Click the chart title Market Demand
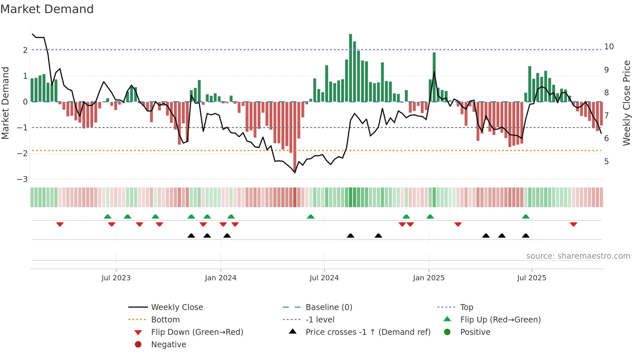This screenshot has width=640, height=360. (x=47, y=9)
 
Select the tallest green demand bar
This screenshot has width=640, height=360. (x=350, y=68)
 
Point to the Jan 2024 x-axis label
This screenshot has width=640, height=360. (x=220, y=278)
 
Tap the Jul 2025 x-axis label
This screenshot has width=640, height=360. (x=532, y=278)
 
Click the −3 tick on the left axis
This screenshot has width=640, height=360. (x=22, y=179)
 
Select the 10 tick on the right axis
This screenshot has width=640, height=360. (x=609, y=47)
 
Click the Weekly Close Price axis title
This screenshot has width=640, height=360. (x=626, y=103)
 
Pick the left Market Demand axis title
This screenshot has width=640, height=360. (x=6, y=103)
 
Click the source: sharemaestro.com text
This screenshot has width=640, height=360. (x=578, y=256)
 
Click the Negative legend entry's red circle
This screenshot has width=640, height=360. (x=138, y=345)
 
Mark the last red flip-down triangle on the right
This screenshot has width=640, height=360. (x=573, y=224)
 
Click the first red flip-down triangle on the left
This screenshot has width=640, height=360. (x=60, y=224)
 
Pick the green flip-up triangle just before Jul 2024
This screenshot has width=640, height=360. (x=311, y=217)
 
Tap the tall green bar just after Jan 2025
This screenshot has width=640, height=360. (x=434, y=77)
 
